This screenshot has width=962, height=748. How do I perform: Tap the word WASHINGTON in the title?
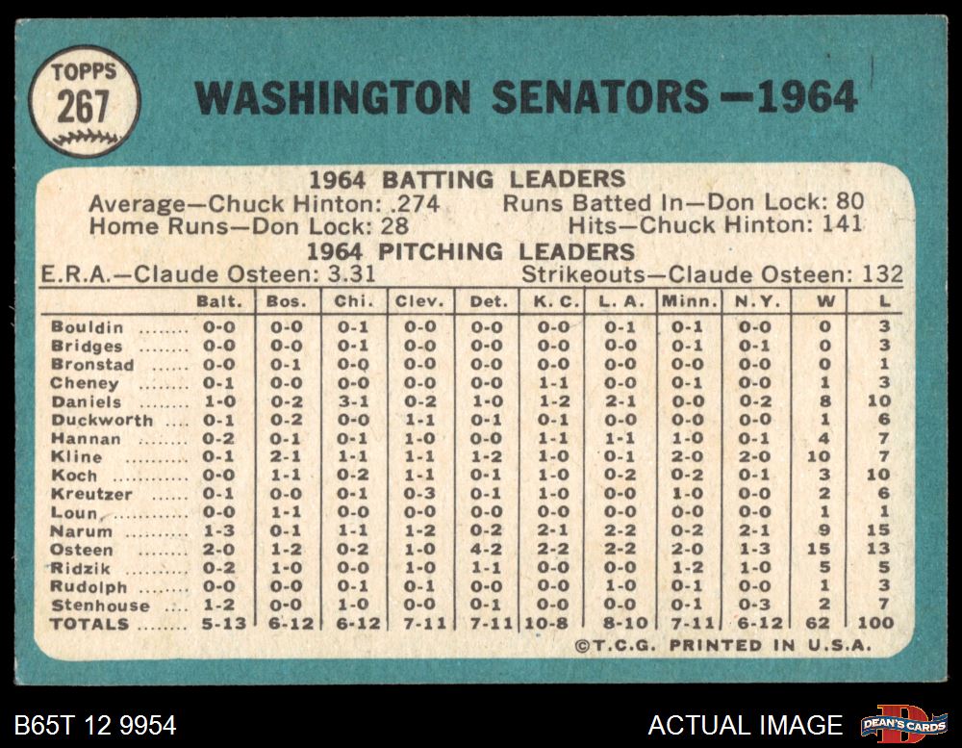[x=333, y=98]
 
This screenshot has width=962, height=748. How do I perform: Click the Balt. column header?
[x=219, y=301]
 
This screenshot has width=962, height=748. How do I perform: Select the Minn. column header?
[x=690, y=301]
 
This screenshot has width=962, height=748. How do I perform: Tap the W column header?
[x=824, y=301]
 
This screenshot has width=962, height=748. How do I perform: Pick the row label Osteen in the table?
[x=82, y=550]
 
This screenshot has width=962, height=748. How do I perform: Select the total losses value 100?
[x=874, y=624]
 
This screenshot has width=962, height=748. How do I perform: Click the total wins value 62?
[x=823, y=624]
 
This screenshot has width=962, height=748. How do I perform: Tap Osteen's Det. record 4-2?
[x=487, y=550]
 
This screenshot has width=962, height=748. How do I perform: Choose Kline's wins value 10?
[x=823, y=457]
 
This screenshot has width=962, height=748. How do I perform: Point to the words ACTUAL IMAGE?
[x=745, y=725]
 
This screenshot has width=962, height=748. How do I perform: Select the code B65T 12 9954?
[x=95, y=725]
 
